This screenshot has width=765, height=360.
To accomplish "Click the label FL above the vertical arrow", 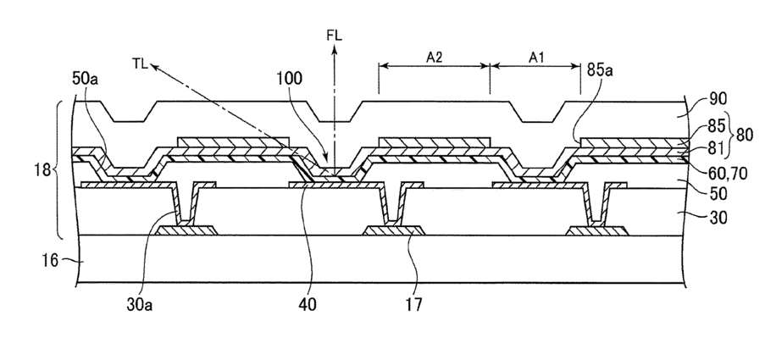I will pos(335,38).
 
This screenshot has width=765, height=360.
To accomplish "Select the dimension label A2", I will pos(435,57).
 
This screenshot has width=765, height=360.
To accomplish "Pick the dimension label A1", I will pos(536,57).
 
